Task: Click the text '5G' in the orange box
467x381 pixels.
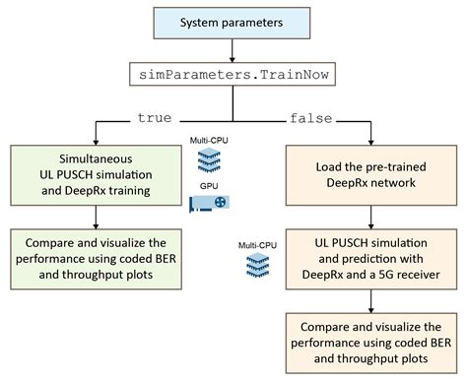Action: point(386,275)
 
